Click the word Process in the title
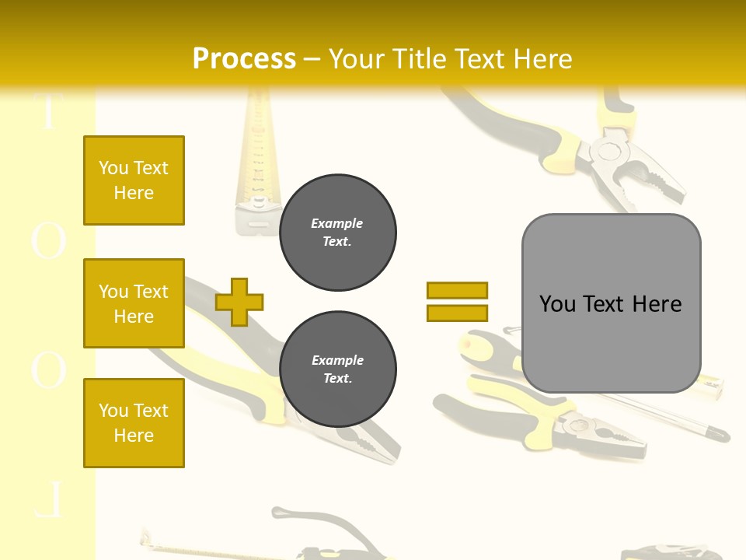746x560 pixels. (x=244, y=58)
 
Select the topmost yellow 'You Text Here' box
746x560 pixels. (x=134, y=180)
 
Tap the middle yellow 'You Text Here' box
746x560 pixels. (x=134, y=303)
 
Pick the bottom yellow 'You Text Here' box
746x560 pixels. (x=134, y=423)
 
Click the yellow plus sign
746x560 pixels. (x=239, y=302)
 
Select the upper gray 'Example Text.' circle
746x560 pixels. (x=337, y=233)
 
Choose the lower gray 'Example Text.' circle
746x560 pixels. (x=337, y=369)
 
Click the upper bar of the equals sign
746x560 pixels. (x=457, y=290)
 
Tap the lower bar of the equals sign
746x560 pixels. (x=457, y=313)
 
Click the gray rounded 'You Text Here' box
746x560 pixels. (x=611, y=303)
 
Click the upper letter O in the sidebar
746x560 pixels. (x=48, y=241)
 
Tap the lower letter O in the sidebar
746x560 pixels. (x=48, y=369)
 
